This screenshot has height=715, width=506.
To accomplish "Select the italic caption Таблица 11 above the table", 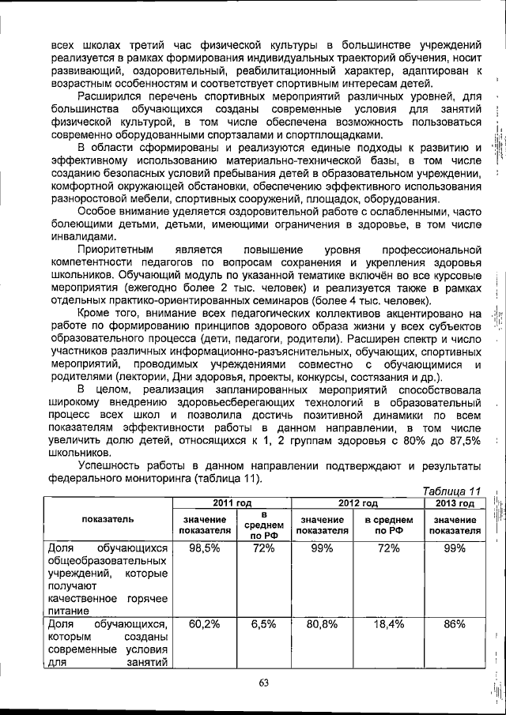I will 452,491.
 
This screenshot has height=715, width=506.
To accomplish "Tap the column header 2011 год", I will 232,503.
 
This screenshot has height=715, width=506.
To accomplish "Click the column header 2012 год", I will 358,503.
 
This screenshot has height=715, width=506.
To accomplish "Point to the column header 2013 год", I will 455,503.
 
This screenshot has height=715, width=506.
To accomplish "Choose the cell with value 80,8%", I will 322,624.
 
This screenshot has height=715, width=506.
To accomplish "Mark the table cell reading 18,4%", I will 389,624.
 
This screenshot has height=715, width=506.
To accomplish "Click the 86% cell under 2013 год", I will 455,624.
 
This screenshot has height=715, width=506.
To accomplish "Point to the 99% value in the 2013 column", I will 455,548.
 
